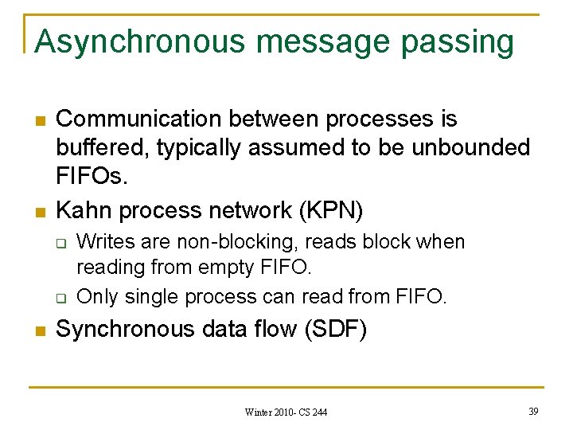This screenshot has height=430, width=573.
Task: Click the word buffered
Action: coord(103,148)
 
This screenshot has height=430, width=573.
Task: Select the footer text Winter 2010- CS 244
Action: coord(286,412)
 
